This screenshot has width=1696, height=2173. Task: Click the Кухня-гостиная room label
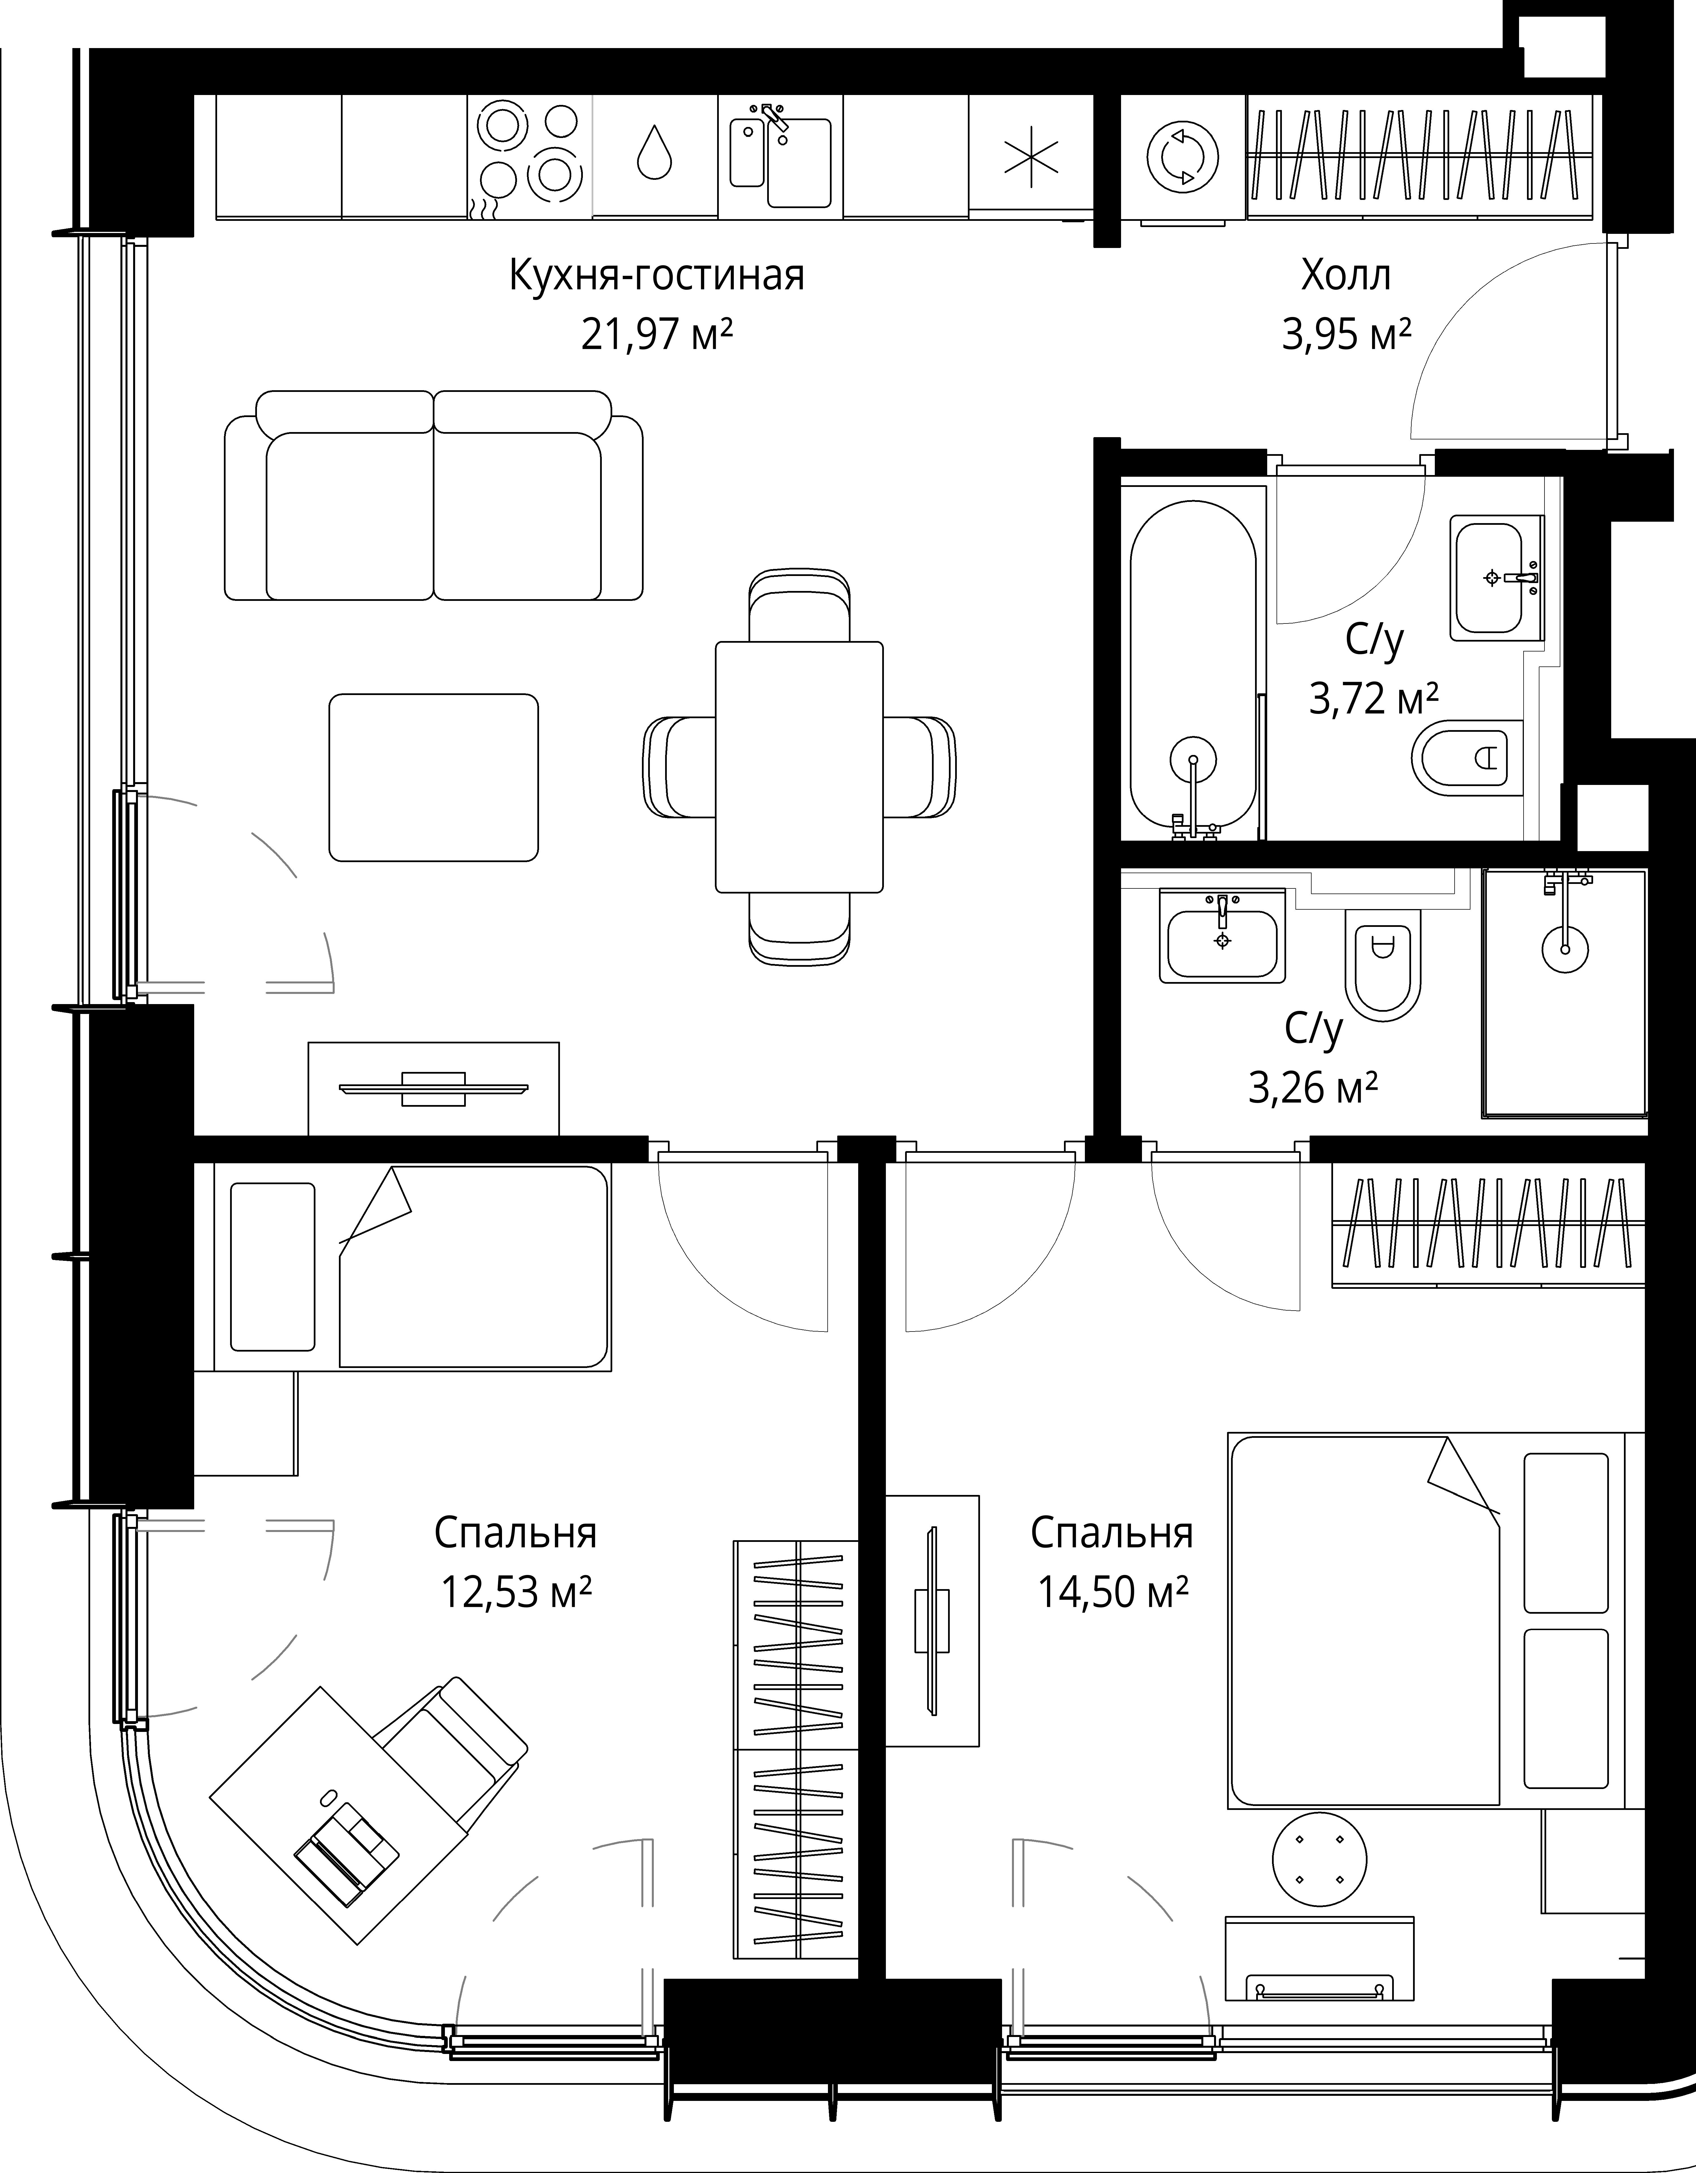[x=657, y=276]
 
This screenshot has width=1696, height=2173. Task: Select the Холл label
[x=1346, y=276]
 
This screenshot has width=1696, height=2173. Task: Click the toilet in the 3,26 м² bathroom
[x=1383, y=965]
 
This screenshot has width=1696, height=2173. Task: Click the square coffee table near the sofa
[x=434, y=777]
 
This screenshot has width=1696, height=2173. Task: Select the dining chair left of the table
[x=680, y=766]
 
